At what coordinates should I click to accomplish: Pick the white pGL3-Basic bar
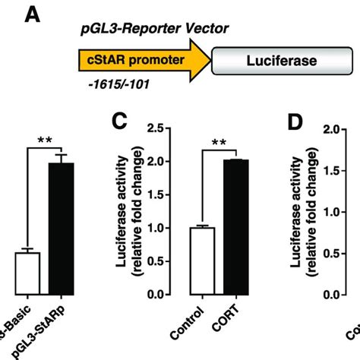pyautogui.click(x=27, y=273)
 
